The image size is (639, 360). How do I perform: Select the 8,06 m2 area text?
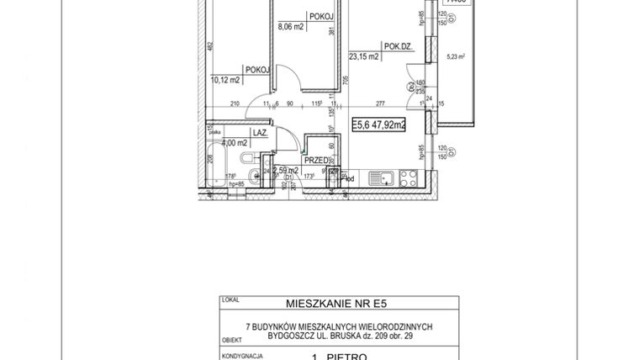tap(291, 26)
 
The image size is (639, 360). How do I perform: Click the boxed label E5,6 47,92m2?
tap(378, 124)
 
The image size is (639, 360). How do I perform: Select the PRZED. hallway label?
tap(316, 160)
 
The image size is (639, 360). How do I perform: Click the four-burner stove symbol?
tap(409, 178)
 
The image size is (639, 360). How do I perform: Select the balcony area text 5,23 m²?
tap(457, 58)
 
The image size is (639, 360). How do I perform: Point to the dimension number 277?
tap(380, 105)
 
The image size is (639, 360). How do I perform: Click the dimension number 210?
tap(235, 105)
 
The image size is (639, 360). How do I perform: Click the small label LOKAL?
tap(227, 299)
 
